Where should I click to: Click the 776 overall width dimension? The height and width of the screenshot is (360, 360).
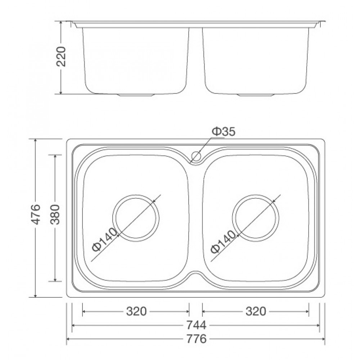(x=196, y=339)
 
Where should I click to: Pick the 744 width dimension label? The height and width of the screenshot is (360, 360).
(x=196, y=325)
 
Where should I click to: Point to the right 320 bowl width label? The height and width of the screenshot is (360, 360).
(x=256, y=311)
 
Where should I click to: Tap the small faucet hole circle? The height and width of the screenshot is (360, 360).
(x=196, y=156)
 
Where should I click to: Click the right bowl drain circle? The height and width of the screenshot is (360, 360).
(x=256, y=218)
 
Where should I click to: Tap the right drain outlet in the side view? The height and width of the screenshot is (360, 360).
(x=256, y=95)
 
